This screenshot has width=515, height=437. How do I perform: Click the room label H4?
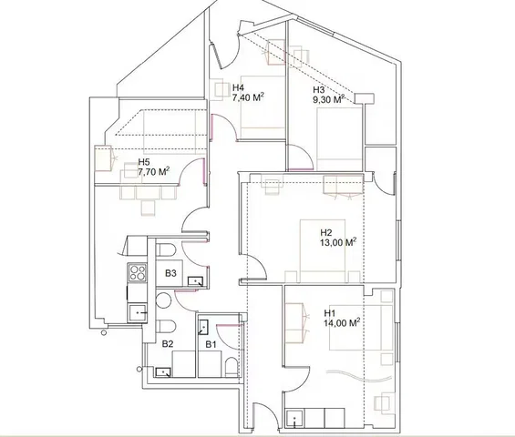point(238,89)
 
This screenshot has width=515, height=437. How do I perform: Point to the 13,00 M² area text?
point(338,243)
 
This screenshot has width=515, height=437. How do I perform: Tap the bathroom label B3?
point(170,272)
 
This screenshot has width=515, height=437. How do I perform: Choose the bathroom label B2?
point(168,344)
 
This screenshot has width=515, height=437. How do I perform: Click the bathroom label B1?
point(210,344)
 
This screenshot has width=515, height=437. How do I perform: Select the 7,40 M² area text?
point(248,98)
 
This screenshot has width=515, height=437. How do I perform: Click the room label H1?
point(330,312)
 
